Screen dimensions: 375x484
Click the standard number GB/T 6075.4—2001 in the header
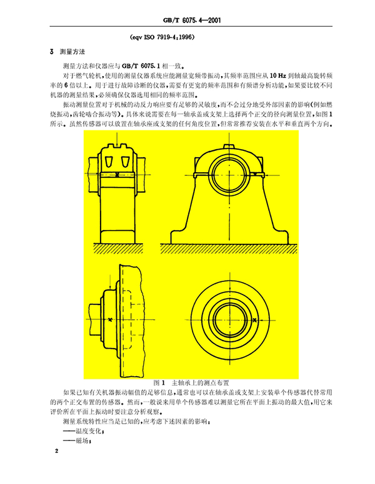[x=191, y=21]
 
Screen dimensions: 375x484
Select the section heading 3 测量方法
[x=67, y=52]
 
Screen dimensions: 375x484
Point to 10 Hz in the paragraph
[x=278, y=75]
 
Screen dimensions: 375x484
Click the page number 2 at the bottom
[x=57, y=451]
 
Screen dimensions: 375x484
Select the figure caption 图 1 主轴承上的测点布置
[x=191, y=383]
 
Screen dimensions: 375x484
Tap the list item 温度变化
[x=83, y=432]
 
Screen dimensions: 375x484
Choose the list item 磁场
[x=77, y=441]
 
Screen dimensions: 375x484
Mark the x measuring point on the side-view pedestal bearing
[x=117, y=175]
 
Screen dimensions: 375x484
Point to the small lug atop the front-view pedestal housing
[x=229, y=146]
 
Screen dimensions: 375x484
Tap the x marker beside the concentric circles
[x=254, y=321]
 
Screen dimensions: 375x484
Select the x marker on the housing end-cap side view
[x=111, y=320]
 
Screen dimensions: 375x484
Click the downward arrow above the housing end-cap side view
[x=111, y=281]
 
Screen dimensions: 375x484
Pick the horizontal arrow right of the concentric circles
[x=266, y=321]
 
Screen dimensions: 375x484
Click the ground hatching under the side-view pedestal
[x=118, y=248]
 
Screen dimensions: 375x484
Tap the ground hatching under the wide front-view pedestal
[x=229, y=248]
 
